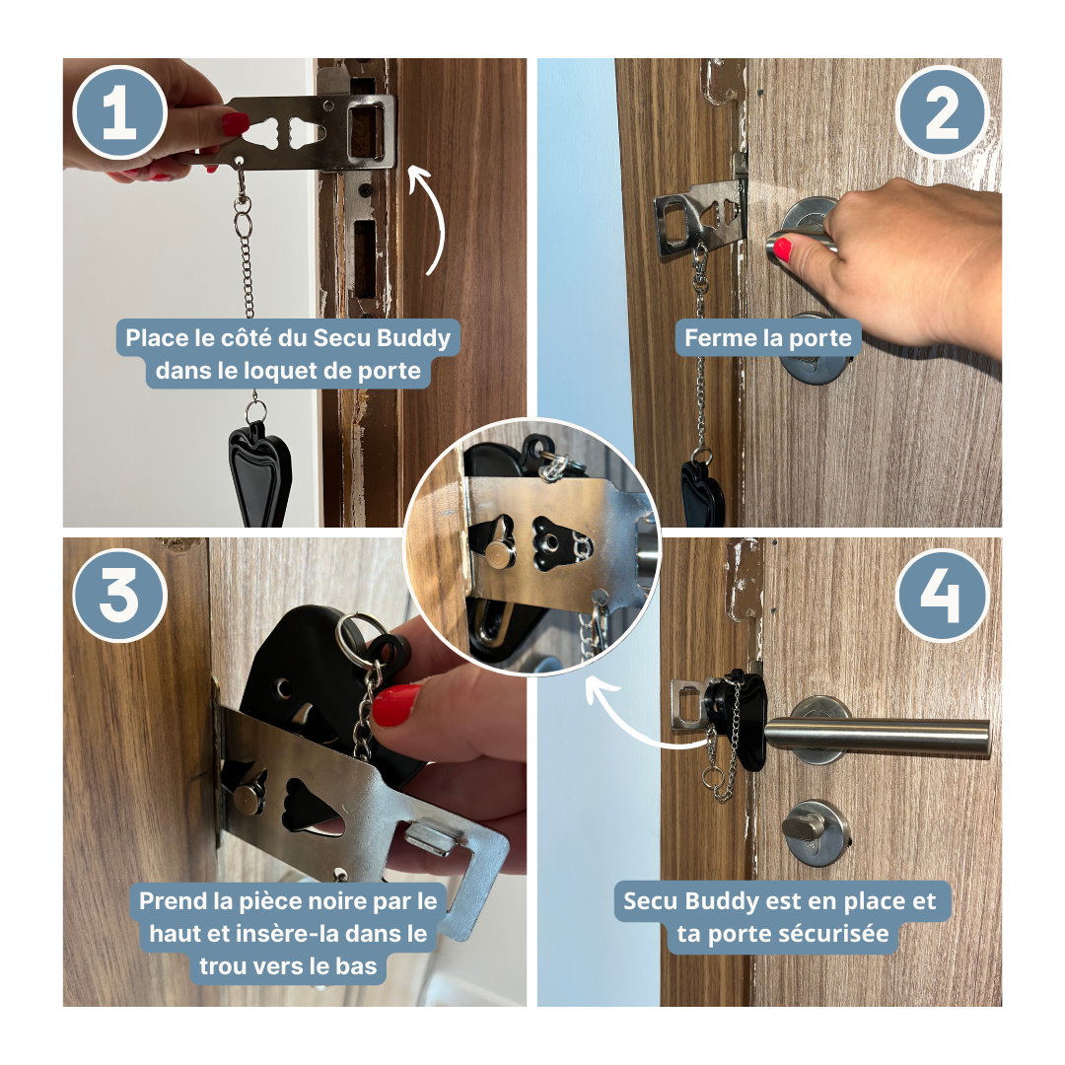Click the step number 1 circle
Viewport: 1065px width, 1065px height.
coord(120,112)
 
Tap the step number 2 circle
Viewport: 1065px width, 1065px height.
coord(942,112)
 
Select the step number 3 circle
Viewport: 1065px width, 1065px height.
coord(120,596)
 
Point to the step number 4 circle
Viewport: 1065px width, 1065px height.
coord(942,596)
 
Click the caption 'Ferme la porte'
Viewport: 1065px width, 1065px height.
coord(767,337)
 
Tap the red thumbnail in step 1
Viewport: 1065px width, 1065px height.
coord(235,123)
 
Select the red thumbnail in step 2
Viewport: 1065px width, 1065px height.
coord(782,248)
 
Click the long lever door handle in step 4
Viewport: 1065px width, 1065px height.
coord(877,736)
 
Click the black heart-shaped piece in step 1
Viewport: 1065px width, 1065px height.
coord(259,475)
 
